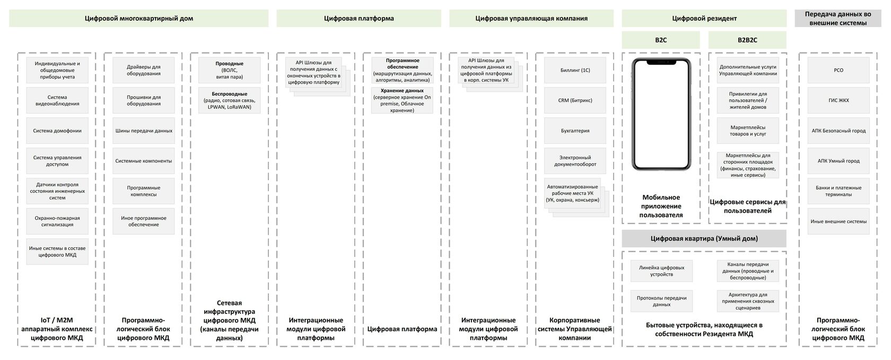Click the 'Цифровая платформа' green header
(359, 19)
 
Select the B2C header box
(660, 40)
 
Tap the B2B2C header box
(747, 40)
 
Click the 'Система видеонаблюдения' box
(57, 100)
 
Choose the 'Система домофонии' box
(57, 131)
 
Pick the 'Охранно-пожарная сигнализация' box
(57, 221)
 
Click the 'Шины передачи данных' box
(143, 131)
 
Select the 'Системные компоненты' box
(143, 161)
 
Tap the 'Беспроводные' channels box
(229, 100)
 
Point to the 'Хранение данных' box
(402, 100)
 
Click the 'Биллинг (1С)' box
(575, 70)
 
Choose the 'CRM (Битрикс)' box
(575, 100)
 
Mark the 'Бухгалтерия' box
(575, 131)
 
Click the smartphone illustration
(661, 114)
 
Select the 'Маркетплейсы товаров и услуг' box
(748, 131)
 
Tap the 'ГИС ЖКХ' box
(838, 100)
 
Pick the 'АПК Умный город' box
(838, 161)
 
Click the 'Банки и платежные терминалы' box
(838, 191)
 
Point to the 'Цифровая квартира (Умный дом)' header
(704, 238)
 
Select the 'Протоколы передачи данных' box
(661, 301)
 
